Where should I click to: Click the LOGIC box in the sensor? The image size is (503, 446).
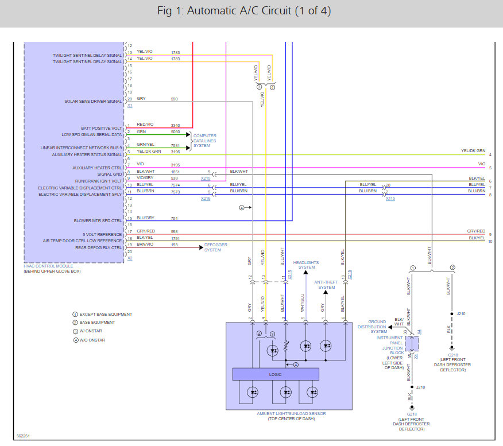[x=276, y=374]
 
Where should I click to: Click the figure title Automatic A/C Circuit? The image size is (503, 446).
[x=243, y=11]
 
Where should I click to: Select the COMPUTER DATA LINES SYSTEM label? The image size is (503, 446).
[x=205, y=141]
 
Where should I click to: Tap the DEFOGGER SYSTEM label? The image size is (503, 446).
[x=212, y=247]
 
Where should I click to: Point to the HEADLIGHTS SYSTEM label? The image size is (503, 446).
[x=307, y=265]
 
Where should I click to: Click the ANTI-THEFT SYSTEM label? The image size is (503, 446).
[x=326, y=285]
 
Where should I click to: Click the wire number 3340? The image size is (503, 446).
[x=176, y=125]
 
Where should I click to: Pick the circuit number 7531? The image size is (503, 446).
[x=176, y=145]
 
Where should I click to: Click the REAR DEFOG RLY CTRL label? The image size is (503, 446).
[x=99, y=247]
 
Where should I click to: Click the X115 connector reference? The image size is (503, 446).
[x=390, y=199]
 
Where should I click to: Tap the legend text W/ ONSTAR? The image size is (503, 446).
[x=91, y=331]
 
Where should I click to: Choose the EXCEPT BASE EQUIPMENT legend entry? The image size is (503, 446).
[x=105, y=314]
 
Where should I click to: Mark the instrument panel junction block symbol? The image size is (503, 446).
[x=412, y=343]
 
